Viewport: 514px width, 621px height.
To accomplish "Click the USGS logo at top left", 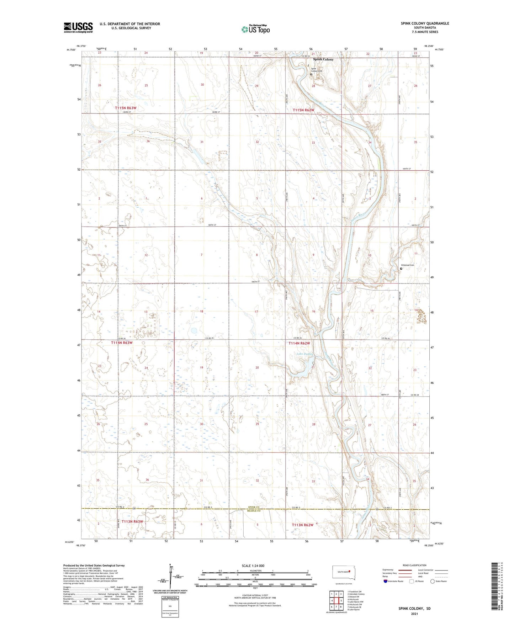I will [x=78, y=27].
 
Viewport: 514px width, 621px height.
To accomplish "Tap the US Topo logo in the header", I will [x=255, y=29].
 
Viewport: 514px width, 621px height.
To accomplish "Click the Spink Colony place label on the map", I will [x=323, y=59].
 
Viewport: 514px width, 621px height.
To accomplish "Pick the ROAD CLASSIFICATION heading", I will [x=414, y=565].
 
